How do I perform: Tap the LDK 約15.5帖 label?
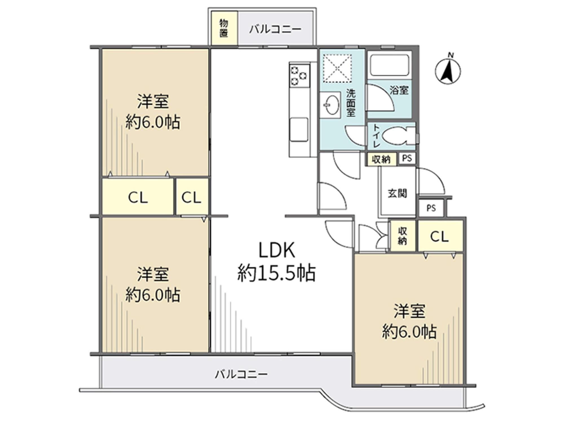click(x=277, y=261)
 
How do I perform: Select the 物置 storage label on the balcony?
click(x=224, y=28)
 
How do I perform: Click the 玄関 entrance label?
click(x=397, y=193)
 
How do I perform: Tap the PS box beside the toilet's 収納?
click(x=407, y=158)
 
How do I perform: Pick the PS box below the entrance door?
click(x=431, y=208)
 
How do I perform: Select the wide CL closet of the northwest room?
click(x=138, y=197)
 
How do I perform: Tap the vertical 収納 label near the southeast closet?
click(x=403, y=236)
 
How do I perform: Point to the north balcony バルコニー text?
click(x=275, y=29)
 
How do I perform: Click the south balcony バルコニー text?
click(x=241, y=374)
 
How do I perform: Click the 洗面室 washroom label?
click(x=351, y=103)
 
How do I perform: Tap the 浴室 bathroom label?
click(x=399, y=90)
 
